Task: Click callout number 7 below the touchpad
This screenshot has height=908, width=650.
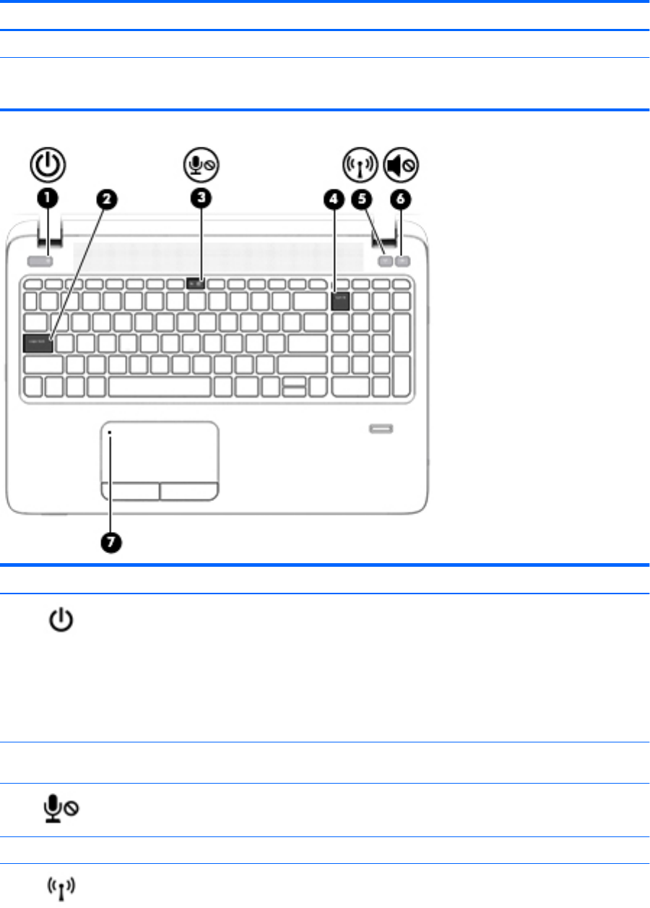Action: [x=111, y=544]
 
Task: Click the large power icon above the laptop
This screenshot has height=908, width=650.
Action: [x=48, y=165]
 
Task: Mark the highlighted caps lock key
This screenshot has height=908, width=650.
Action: [x=38, y=342]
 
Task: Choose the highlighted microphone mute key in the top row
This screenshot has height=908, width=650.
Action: [x=197, y=283]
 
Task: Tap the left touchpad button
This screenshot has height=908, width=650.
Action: [x=130, y=492]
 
